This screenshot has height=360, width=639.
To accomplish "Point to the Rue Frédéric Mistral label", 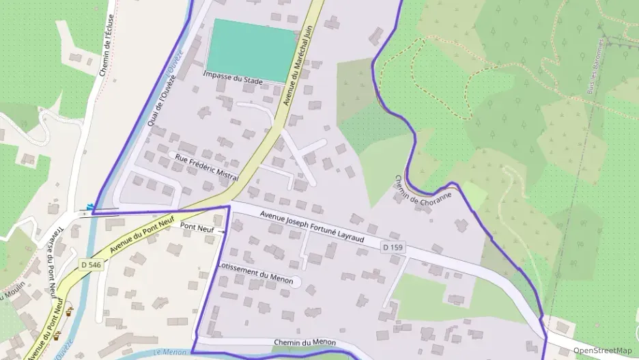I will click(x=207, y=168).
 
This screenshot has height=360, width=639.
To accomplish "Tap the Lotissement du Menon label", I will click(x=256, y=276).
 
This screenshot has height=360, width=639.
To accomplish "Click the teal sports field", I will click(x=255, y=50).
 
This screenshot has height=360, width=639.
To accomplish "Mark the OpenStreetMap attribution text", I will click(x=602, y=350).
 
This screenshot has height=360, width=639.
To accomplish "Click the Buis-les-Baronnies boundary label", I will click(x=599, y=65).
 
